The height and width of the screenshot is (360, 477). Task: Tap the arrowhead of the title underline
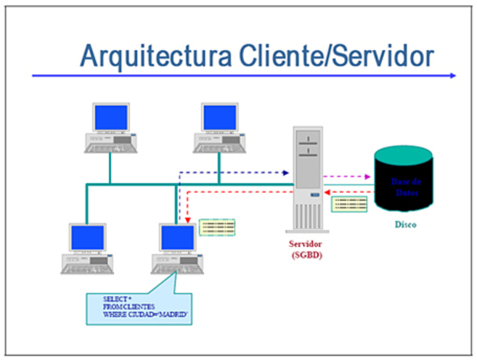point(451,76)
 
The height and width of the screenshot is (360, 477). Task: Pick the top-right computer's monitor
point(219,118)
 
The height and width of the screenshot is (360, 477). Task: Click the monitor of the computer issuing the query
point(177,238)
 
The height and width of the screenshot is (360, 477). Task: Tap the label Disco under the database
point(404,224)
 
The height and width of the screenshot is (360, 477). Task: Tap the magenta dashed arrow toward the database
point(346,178)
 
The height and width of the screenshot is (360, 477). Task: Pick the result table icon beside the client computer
point(217,226)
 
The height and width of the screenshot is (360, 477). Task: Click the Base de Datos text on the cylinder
point(405,187)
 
